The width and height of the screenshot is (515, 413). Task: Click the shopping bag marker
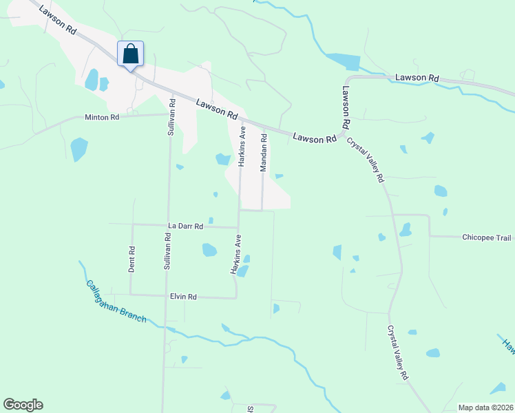coord(131,54)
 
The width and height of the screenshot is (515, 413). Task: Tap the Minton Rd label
coord(102,117)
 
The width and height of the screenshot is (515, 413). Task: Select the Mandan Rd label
coord(263,152)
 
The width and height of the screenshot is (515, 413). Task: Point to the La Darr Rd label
coord(186,226)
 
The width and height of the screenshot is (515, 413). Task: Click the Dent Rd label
coord(132,260)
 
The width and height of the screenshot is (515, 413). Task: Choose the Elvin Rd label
coord(183,297)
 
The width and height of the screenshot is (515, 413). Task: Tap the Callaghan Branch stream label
coord(116,304)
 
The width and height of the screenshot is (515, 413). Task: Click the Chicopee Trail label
coord(487,237)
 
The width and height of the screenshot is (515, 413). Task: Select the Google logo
coord(23,405)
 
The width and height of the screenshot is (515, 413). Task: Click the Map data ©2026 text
coord(485,407)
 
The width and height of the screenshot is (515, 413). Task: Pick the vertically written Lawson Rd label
coord(346,107)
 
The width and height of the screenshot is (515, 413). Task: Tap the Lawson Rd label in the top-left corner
coord(58,19)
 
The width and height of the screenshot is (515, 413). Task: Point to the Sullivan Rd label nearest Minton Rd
coord(172,118)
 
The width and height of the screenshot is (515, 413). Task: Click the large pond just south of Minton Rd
coord(78,149)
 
